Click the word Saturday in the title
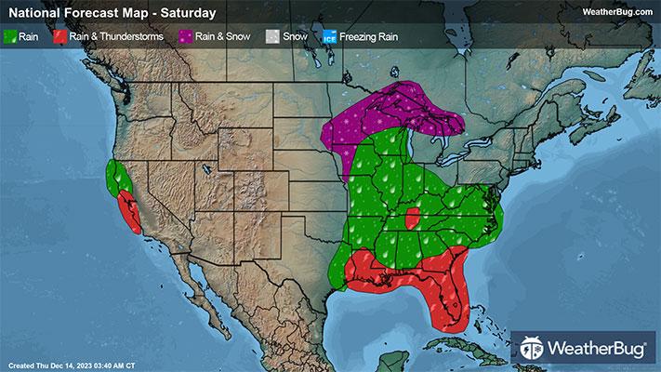pos(189,13)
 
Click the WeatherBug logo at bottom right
pos(585,348)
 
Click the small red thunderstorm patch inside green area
pos(411,220)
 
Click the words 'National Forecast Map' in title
pos(74,13)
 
